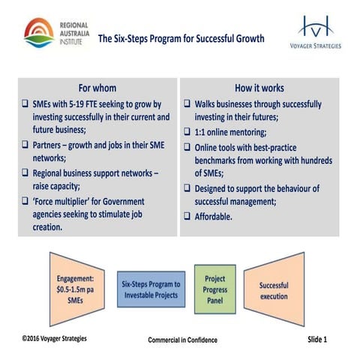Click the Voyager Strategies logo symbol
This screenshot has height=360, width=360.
314,28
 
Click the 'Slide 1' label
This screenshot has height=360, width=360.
317,339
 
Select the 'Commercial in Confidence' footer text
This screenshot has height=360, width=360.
182,340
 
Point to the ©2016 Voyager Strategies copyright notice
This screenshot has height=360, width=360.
54,338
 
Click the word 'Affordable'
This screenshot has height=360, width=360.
217,216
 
